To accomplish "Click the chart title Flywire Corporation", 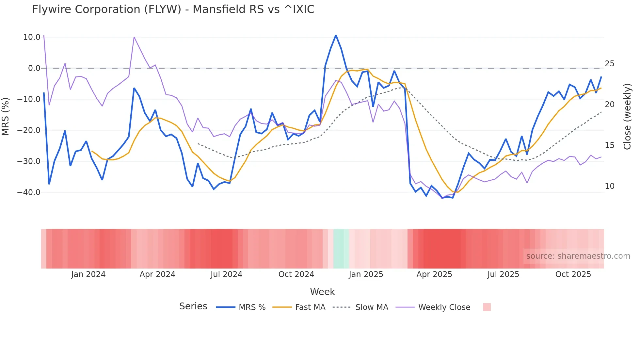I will [x=173, y=9].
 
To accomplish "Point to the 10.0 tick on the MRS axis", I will [x=32, y=37].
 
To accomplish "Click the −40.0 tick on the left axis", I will [x=29, y=192].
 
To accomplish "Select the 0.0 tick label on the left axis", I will [x=34, y=68].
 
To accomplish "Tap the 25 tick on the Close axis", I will [x=609, y=64].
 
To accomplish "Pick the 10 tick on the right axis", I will [x=609, y=186].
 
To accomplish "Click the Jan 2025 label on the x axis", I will [x=366, y=274].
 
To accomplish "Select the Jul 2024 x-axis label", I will [x=226, y=274].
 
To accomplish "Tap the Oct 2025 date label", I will [x=573, y=274].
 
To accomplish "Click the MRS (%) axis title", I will [x=6, y=116].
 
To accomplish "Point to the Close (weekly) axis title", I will [x=627, y=116].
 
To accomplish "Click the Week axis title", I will [x=322, y=292].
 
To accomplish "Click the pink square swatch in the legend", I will [x=487, y=307].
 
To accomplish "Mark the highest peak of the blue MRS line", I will [x=336, y=35].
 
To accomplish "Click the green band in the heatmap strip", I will [x=341, y=249].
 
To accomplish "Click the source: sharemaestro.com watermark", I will [x=578, y=256].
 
